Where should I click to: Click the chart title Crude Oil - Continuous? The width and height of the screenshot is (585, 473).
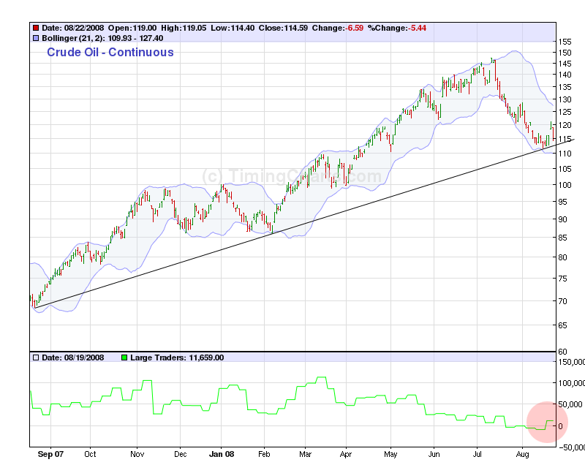pyautogui.click(x=110, y=53)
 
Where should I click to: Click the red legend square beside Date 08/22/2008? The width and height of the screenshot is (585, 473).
pyautogui.click(x=35, y=28)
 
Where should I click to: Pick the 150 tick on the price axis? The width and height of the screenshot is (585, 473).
pyautogui.click(x=564, y=53)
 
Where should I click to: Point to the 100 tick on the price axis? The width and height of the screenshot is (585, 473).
pyautogui.click(x=564, y=184)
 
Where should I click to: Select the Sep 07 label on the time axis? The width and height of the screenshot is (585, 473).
pyautogui.click(x=51, y=454)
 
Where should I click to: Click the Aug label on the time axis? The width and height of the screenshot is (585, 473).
pyautogui.click(x=523, y=454)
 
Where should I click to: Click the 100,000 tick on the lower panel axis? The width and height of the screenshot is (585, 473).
pyautogui.click(x=571, y=382)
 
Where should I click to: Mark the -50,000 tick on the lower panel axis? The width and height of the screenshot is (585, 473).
pyautogui.click(x=570, y=447)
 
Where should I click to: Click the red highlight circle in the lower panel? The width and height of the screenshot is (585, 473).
pyautogui.click(x=547, y=422)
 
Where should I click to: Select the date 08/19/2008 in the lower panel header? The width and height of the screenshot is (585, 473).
pyautogui.click(x=79, y=357)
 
